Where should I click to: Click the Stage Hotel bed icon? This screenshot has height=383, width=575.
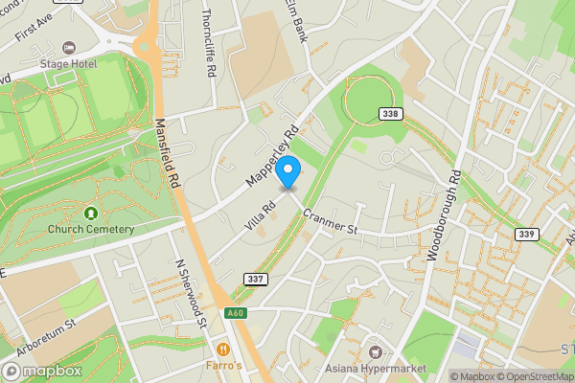(67, 47)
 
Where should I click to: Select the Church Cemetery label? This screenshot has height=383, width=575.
(91, 229)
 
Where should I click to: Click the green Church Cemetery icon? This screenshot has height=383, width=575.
(91, 213)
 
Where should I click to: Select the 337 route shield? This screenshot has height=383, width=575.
(256, 279)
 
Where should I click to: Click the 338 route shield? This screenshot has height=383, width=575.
(390, 113)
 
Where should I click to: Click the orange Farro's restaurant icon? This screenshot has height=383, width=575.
(224, 349)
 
